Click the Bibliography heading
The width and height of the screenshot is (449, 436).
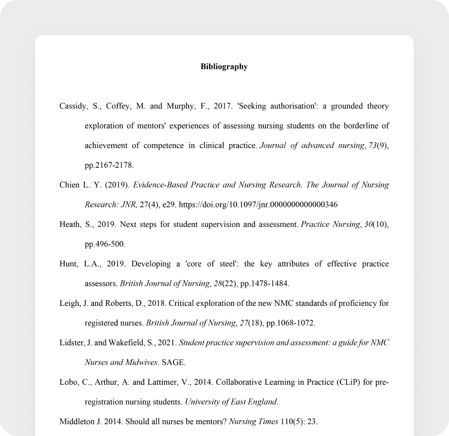[224, 67]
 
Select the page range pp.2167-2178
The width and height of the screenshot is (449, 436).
[109, 165]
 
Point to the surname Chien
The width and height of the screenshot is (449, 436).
[69, 185]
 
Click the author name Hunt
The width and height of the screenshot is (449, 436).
[68, 264]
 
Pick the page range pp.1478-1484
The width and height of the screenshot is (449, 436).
[264, 283]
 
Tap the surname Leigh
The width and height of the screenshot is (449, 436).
[69, 304]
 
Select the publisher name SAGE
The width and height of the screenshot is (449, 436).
[173, 363]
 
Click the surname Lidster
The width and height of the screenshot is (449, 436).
[71, 343]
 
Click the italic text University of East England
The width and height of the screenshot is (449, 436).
[231, 402]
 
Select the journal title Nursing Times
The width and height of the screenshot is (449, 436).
[254, 421]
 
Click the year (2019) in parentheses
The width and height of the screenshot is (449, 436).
[118, 185]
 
